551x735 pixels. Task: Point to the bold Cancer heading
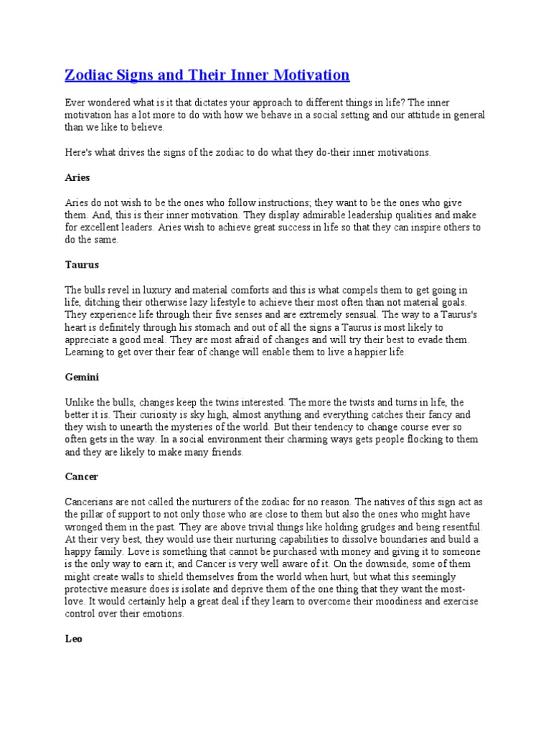(x=81, y=477)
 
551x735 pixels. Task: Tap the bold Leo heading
(x=73, y=638)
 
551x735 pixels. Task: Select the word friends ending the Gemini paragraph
(x=225, y=452)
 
